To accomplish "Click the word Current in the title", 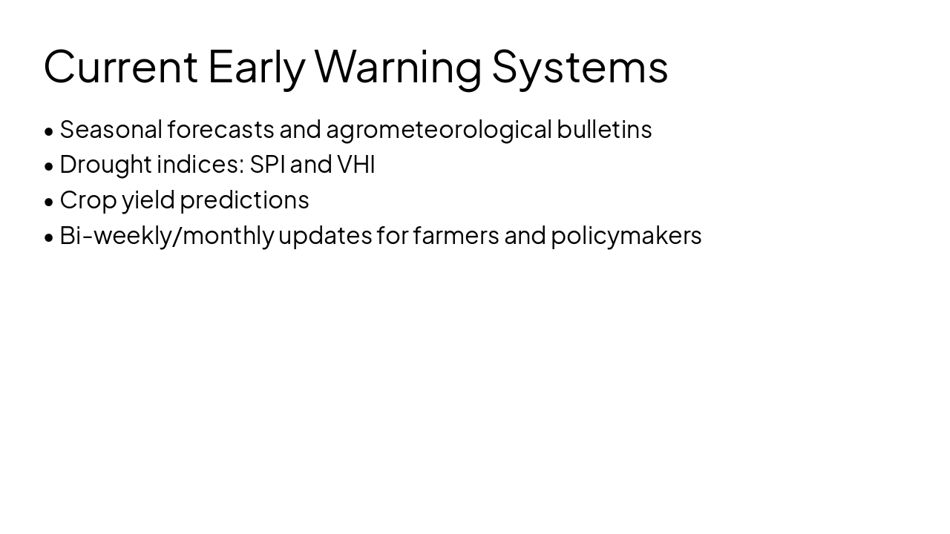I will tap(121, 66).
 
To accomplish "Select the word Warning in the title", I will tap(398, 66).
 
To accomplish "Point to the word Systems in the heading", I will tap(580, 66).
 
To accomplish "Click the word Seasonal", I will tap(111, 129).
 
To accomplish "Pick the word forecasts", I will tap(220, 129).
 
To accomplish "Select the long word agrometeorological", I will tap(439, 129).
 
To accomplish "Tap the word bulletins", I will tap(604, 129).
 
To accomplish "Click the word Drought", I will tap(105, 164).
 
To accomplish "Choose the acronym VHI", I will tap(356, 164).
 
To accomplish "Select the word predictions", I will tap(244, 200).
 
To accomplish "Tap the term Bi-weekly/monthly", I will tap(166, 235).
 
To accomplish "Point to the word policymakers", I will tap(626, 235).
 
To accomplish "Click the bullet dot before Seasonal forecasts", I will tap(49, 131).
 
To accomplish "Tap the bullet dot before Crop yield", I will tap(49, 202).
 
